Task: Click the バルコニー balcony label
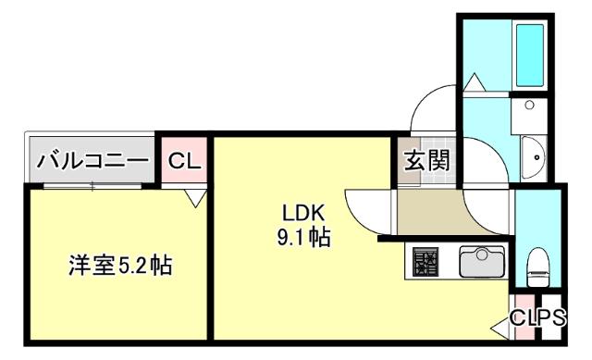coord(92,161)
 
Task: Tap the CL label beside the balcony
coord(184,161)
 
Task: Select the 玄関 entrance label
coord(425,160)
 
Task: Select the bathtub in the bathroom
coord(529,53)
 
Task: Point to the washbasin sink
coord(535,158)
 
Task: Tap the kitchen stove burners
coord(425,263)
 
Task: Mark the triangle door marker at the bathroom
coord(474,83)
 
